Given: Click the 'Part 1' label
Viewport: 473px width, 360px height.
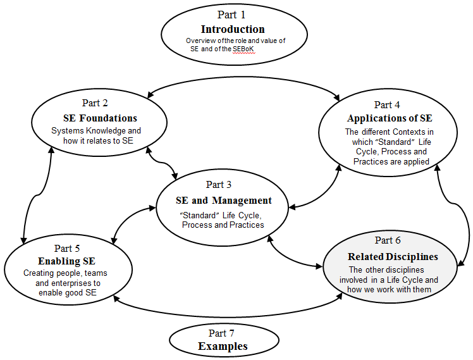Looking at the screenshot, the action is point(231,15).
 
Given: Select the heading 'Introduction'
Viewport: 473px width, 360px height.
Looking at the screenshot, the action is point(233,29).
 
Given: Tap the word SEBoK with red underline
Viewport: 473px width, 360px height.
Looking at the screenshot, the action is point(243,49).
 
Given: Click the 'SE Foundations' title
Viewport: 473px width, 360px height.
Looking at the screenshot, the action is point(100,118).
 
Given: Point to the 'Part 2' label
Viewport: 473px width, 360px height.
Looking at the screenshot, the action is point(95,103).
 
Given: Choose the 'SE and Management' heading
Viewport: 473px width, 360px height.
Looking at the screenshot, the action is point(224,201).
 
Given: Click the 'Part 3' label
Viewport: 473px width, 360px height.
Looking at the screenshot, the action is point(219,184).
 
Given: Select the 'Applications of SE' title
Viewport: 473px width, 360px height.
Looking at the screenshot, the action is point(390,118).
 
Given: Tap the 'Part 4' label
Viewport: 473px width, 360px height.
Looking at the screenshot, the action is point(387,105).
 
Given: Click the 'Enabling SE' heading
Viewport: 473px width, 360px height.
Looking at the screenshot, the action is point(66,261).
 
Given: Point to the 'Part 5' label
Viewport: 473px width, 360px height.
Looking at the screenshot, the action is point(67,249).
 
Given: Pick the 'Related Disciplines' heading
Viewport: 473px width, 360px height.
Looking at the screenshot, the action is point(393,256).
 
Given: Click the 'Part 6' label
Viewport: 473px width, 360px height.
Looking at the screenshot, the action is point(388,240).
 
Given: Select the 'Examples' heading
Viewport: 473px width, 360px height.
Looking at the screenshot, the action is point(223,346).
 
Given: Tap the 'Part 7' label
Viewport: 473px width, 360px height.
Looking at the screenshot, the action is point(221,333).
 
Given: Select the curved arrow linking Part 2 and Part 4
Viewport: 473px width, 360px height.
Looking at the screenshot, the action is point(243,77).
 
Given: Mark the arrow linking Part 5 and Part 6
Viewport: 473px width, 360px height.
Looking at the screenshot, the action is point(228,316).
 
